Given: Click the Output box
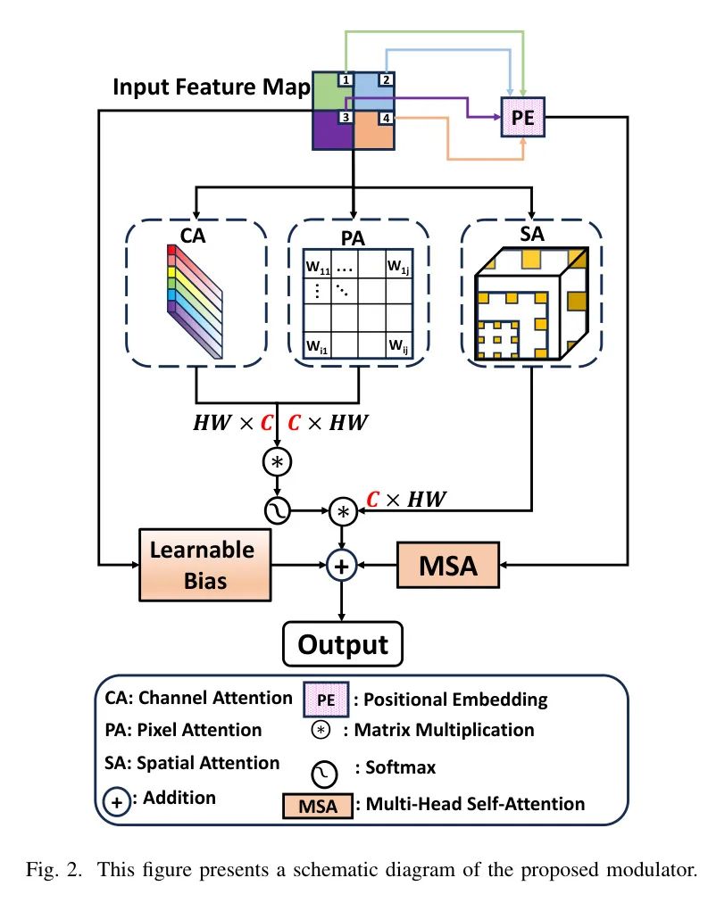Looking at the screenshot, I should coord(343,644).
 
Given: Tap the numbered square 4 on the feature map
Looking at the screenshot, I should coord(386,118).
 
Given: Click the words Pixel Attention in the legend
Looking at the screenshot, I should coord(183,730).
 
